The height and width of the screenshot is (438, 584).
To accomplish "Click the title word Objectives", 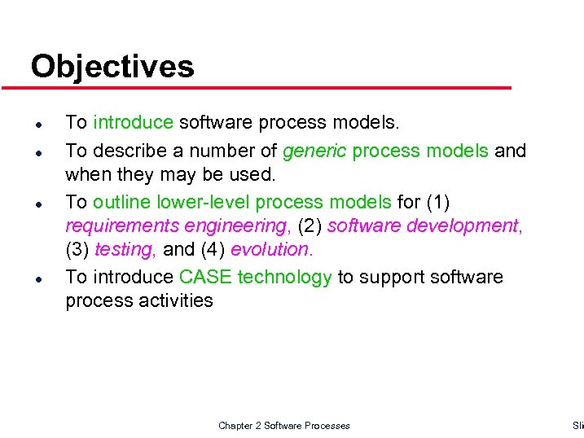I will point(112,67).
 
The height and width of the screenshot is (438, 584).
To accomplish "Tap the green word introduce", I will point(133,123).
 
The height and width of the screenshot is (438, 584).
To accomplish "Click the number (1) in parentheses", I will point(440,202).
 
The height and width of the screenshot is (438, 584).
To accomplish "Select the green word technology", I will point(284,278).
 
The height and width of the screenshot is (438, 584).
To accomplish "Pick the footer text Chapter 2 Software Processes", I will point(284,426).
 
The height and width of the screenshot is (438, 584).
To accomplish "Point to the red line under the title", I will point(269,88).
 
